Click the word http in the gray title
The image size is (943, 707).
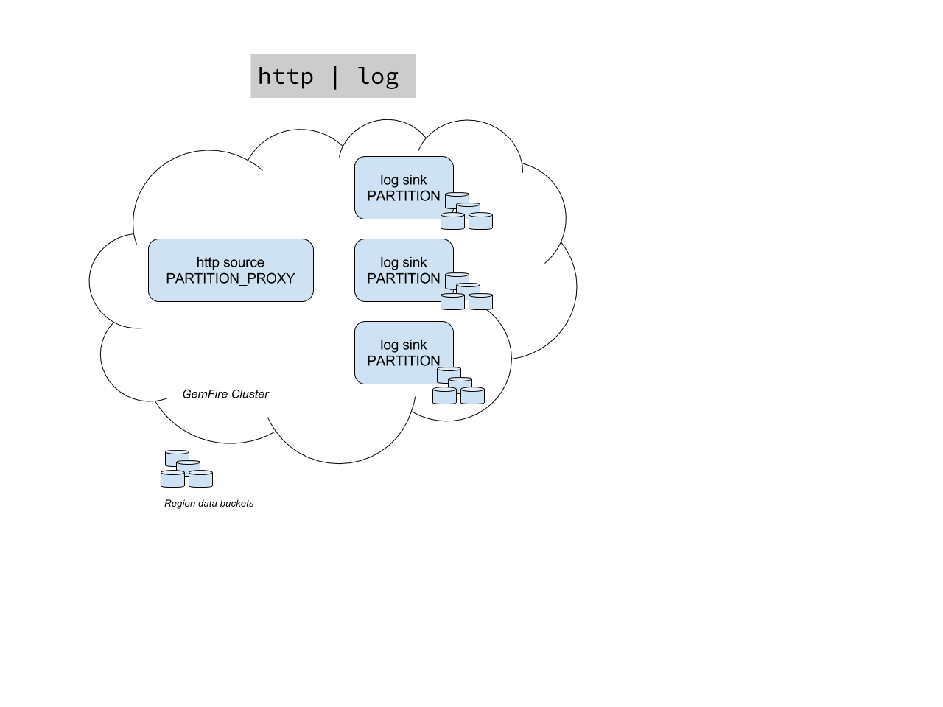(285, 77)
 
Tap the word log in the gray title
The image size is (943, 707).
(378, 77)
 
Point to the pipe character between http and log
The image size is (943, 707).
(335, 77)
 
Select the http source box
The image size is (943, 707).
(231, 270)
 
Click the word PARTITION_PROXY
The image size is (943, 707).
(231, 278)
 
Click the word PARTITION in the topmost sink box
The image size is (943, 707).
(404, 196)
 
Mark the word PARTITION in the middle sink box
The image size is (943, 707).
(404, 278)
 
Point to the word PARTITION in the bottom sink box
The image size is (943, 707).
(404, 361)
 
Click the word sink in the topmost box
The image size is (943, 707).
(414, 180)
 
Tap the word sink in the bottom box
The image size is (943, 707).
(414, 345)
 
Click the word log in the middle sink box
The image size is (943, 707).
(389, 263)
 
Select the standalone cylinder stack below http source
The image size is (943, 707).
(186, 469)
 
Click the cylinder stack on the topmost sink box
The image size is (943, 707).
(466, 211)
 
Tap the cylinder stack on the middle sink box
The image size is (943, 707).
(466, 292)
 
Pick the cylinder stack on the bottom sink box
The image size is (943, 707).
(458, 386)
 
